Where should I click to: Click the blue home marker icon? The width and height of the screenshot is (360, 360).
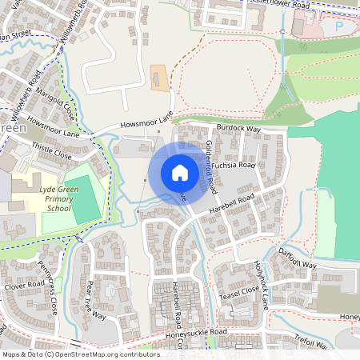pyautogui.click(x=179, y=173)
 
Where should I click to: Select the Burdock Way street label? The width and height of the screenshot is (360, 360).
pyautogui.click(x=242, y=128)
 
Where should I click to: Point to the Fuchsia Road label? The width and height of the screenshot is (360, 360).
pyautogui.click(x=235, y=165)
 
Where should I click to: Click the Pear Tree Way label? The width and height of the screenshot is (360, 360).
pyautogui.click(x=95, y=300)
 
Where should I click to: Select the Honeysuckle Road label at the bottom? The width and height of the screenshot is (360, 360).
pyautogui.click(x=197, y=332)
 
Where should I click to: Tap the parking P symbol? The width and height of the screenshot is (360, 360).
pyautogui.click(x=338, y=26)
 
